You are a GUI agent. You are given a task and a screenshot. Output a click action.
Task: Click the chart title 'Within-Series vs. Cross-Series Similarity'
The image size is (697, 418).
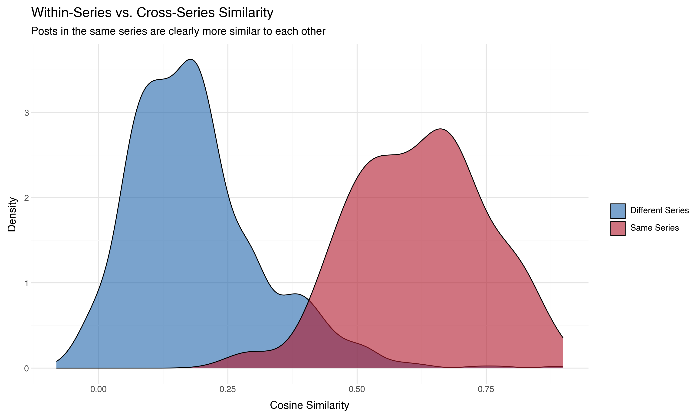pyautogui.click(x=152, y=13)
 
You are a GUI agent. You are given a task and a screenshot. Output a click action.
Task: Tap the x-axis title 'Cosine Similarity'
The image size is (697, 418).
pyautogui.click(x=309, y=405)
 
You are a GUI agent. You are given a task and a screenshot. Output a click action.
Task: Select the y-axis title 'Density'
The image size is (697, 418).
pyautogui.click(x=12, y=214)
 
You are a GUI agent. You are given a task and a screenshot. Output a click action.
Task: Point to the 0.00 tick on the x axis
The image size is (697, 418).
pyautogui.click(x=98, y=389)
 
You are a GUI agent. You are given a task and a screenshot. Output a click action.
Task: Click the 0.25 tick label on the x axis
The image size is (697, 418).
pyautogui.click(x=228, y=389)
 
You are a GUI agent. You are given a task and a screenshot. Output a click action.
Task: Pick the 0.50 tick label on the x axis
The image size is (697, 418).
pyautogui.click(x=357, y=389)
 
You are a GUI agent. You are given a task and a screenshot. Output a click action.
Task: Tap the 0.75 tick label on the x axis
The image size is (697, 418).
pyautogui.click(x=486, y=389)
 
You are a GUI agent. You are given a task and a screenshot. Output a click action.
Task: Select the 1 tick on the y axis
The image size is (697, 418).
pyautogui.click(x=26, y=283)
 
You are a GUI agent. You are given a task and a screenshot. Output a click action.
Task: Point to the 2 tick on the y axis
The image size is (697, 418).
pyautogui.click(x=26, y=198)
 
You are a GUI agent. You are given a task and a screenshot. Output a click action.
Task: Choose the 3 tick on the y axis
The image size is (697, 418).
pyautogui.click(x=26, y=113)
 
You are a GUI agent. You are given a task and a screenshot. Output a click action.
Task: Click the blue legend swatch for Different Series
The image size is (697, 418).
pyautogui.click(x=618, y=211)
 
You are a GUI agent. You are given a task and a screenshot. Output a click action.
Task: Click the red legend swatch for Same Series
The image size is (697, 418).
pyautogui.click(x=618, y=229)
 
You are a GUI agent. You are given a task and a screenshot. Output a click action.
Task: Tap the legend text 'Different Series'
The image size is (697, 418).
pyautogui.click(x=659, y=210)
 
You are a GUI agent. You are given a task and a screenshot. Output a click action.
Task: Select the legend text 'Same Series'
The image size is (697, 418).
pyautogui.click(x=654, y=228)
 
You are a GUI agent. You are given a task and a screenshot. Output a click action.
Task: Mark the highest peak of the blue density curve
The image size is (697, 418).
pyautogui.click(x=191, y=59)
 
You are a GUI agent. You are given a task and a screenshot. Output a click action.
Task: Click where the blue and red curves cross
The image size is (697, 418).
pyautogui.click(x=309, y=300)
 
